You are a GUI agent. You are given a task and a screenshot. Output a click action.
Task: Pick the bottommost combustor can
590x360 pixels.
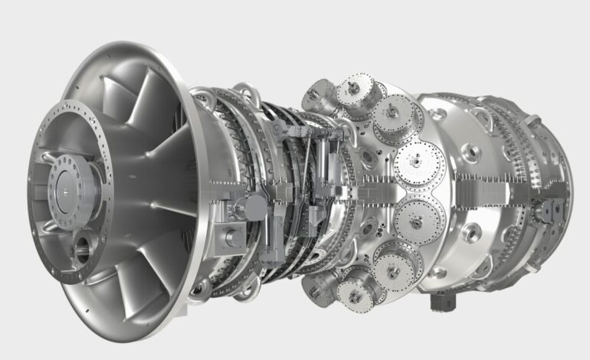(x=356, y=291)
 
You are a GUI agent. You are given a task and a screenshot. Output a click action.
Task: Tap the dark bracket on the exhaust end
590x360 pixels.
(x=551, y=208)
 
